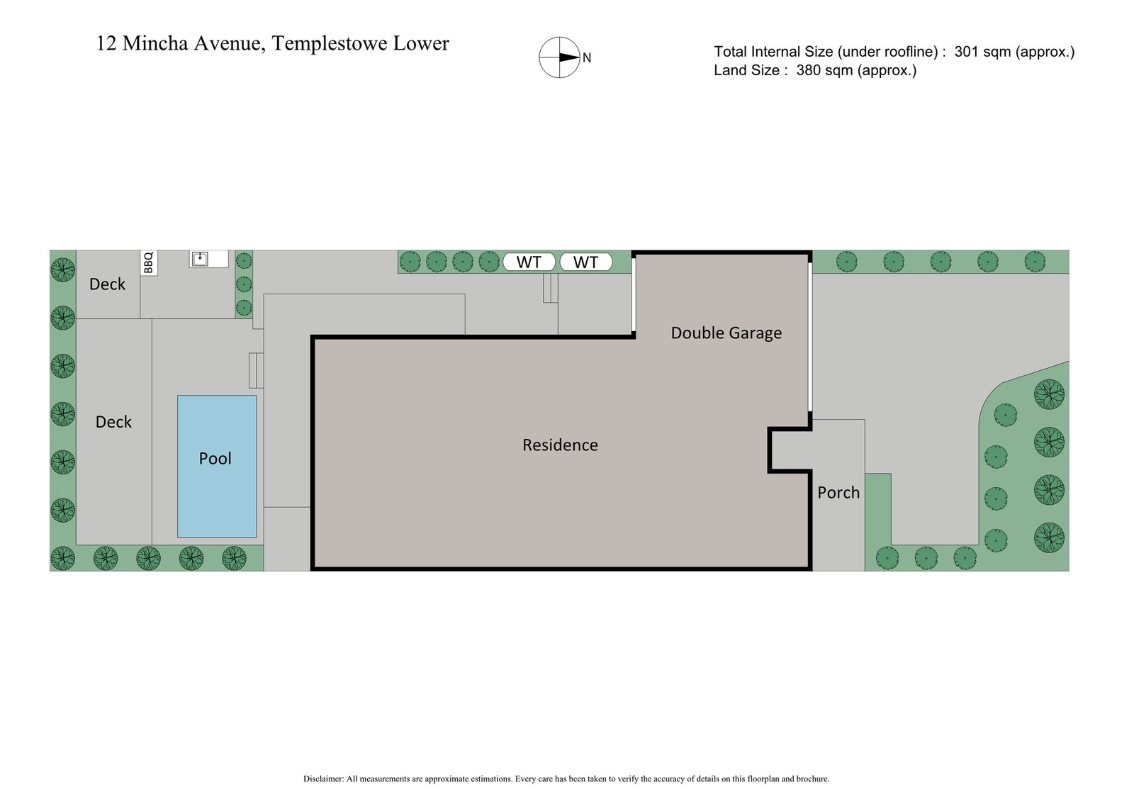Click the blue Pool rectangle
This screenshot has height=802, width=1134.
click(x=216, y=466)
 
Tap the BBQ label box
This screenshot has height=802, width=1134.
click(x=149, y=262)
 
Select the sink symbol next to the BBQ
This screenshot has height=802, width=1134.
click(x=201, y=258)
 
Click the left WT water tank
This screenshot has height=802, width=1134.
click(x=529, y=262)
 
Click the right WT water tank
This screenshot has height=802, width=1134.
click(x=585, y=262)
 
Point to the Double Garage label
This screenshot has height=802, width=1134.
click(x=726, y=333)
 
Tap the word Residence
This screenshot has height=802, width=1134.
click(x=560, y=445)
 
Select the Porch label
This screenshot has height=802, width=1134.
click(x=838, y=492)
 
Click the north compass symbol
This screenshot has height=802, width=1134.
click(x=560, y=57)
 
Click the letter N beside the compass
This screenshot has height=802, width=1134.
click(x=587, y=58)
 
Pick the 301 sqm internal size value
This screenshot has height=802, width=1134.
click(x=983, y=52)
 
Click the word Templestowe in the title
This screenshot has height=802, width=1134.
click(x=330, y=43)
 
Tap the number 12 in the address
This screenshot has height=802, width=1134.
click(x=106, y=43)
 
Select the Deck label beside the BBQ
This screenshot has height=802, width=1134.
click(x=107, y=284)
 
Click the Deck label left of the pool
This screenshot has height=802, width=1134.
click(x=113, y=422)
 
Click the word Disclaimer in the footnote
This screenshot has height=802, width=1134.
click(x=323, y=779)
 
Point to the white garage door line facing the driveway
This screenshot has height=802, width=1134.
click(x=810, y=338)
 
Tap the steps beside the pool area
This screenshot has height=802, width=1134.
click(x=256, y=370)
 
